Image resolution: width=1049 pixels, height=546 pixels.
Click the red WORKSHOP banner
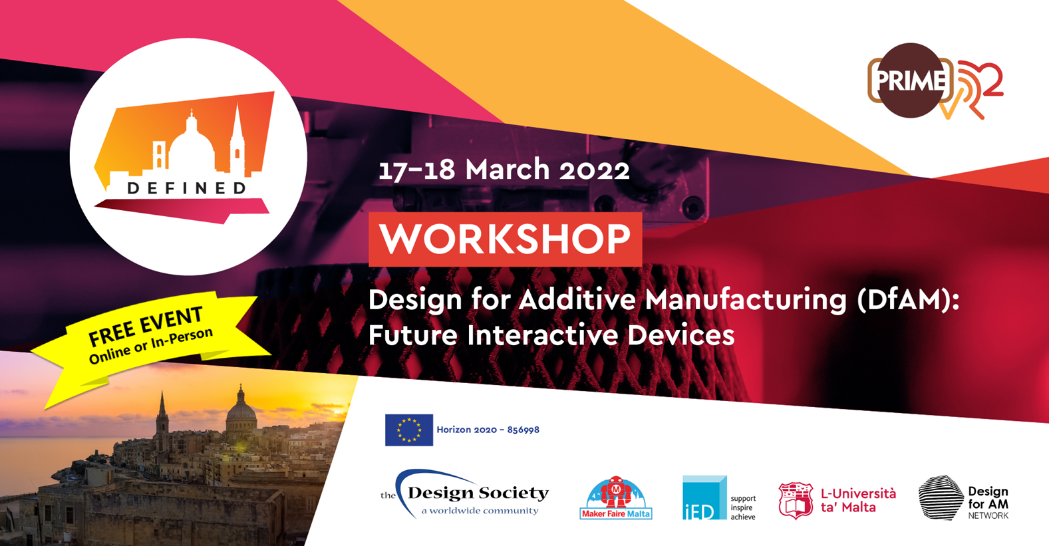(x=505, y=239)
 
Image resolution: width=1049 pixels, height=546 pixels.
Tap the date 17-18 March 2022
(x=504, y=170)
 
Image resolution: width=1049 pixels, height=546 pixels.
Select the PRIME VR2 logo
(x=935, y=81)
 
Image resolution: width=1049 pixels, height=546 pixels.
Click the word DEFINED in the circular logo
(x=187, y=188)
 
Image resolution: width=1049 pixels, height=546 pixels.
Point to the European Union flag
(x=409, y=430)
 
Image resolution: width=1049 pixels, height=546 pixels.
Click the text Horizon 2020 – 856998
(x=488, y=430)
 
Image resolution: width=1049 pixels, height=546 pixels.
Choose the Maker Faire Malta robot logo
(x=616, y=497)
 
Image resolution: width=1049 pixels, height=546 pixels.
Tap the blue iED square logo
(x=704, y=497)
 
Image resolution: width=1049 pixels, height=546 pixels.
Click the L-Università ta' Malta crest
(x=795, y=501)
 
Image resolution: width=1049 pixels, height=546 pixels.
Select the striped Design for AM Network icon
(x=941, y=497)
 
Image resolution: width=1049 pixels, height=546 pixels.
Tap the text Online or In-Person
(x=151, y=346)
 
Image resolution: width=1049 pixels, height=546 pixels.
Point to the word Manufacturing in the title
(x=746, y=300)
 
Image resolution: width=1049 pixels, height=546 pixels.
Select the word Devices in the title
(x=681, y=335)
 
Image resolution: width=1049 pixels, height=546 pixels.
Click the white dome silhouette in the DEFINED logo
(x=191, y=143)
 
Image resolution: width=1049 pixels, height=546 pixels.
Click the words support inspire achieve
(x=743, y=507)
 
